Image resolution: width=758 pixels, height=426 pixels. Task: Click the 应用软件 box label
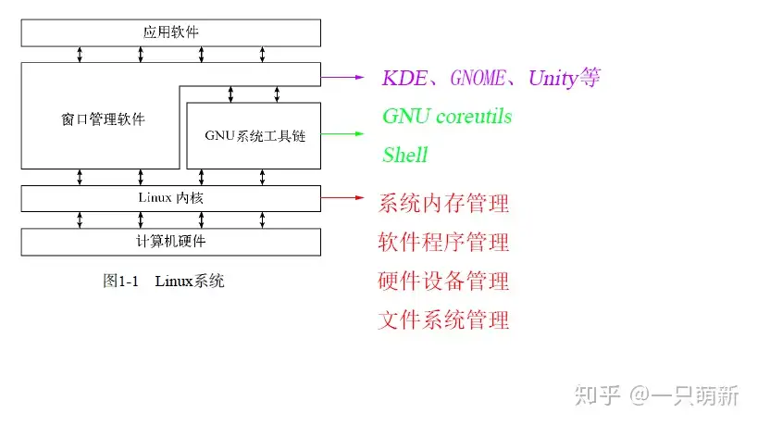(x=171, y=32)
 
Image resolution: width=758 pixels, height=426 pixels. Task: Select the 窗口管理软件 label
(x=100, y=119)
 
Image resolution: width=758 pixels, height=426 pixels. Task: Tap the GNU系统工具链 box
(x=255, y=136)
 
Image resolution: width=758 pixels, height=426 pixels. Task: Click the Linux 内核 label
(x=171, y=197)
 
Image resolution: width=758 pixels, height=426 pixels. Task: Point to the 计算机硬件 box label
(x=171, y=242)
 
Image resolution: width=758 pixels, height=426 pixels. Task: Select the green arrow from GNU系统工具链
(x=344, y=135)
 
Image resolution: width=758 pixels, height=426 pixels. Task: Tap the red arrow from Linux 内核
(x=344, y=197)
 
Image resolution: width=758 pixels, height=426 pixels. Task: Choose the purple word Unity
(x=553, y=78)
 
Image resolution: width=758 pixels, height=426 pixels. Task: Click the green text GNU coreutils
(x=447, y=117)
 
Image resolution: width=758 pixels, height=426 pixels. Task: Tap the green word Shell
(x=404, y=155)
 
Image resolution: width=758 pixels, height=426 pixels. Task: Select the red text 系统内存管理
(x=443, y=203)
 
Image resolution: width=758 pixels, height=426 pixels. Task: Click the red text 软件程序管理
(x=443, y=243)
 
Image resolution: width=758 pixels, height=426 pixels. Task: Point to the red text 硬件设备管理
(x=443, y=282)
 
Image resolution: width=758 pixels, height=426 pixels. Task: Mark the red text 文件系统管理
(x=443, y=320)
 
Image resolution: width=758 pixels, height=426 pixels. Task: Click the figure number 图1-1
(x=120, y=281)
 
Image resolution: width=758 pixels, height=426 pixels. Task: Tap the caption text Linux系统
(x=190, y=281)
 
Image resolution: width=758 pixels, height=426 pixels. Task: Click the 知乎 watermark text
(x=596, y=395)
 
